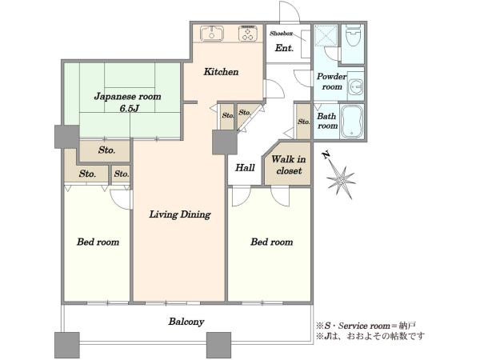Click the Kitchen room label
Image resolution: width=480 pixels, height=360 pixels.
[221, 72]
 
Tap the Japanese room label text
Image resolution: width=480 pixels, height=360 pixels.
[128, 97]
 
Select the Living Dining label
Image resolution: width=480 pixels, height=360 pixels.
[180, 214]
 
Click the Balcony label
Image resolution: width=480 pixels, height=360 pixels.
[186, 322]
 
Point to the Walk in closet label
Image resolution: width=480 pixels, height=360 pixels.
[289, 165]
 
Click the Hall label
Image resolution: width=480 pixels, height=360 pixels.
[245, 168]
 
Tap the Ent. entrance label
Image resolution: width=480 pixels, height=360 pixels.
[284, 48]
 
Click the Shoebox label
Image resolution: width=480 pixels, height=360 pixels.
[281, 34]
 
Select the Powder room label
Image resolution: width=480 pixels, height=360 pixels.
[331, 82]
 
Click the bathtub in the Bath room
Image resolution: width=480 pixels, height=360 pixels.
[352, 122]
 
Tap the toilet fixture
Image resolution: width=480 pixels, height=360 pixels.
[354, 35]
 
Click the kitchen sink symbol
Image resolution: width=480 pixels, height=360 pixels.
[212, 33]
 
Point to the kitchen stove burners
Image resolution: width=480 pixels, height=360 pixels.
[248, 33]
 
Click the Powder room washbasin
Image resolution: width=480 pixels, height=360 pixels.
[357, 86]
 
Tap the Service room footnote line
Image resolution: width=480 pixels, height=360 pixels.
[366, 326]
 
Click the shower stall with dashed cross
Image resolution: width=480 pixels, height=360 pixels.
[326, 35]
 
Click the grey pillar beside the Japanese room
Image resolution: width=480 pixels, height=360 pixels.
[67, 137]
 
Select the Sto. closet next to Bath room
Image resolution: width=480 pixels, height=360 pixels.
[303, 122]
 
